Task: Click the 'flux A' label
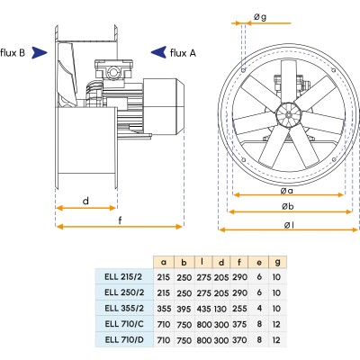coord(183,52)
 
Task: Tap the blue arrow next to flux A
coord(157,52)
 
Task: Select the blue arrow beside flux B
coord(40,53)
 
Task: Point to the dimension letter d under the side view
coord(85,201)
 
